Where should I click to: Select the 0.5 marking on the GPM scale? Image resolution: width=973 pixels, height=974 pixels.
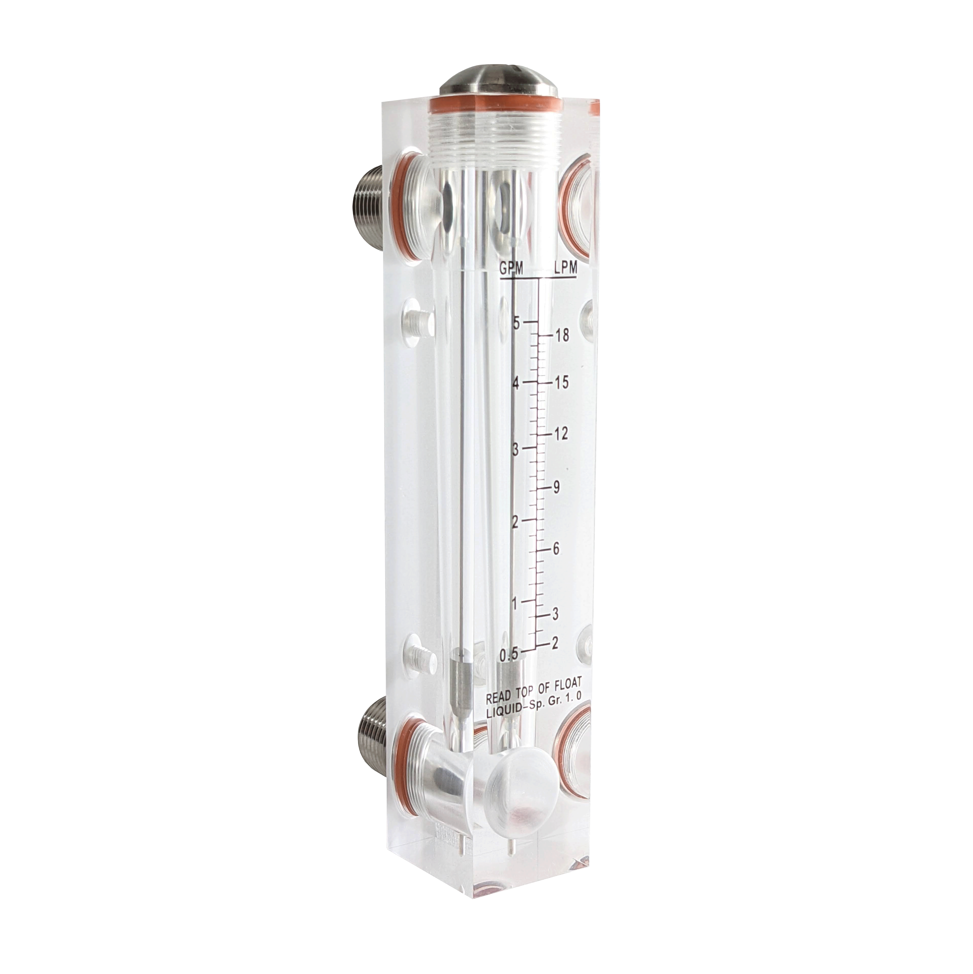click(x=508, y=654)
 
